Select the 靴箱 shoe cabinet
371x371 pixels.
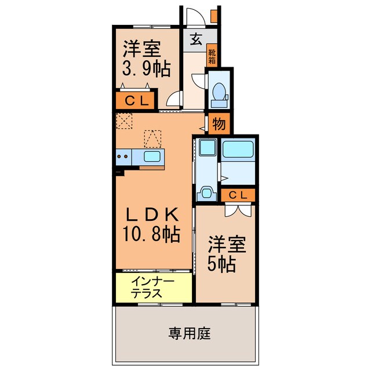[x=213, y=56]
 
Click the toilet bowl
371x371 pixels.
[x=220, y=93]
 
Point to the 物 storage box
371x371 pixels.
[x=219, y=123]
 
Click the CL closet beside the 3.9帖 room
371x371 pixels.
[x=137, y=100]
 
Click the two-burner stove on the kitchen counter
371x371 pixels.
[x=123, y=155]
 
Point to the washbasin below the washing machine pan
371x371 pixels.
[x=206, y=193]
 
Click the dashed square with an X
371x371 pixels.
[x=123, y=121]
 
